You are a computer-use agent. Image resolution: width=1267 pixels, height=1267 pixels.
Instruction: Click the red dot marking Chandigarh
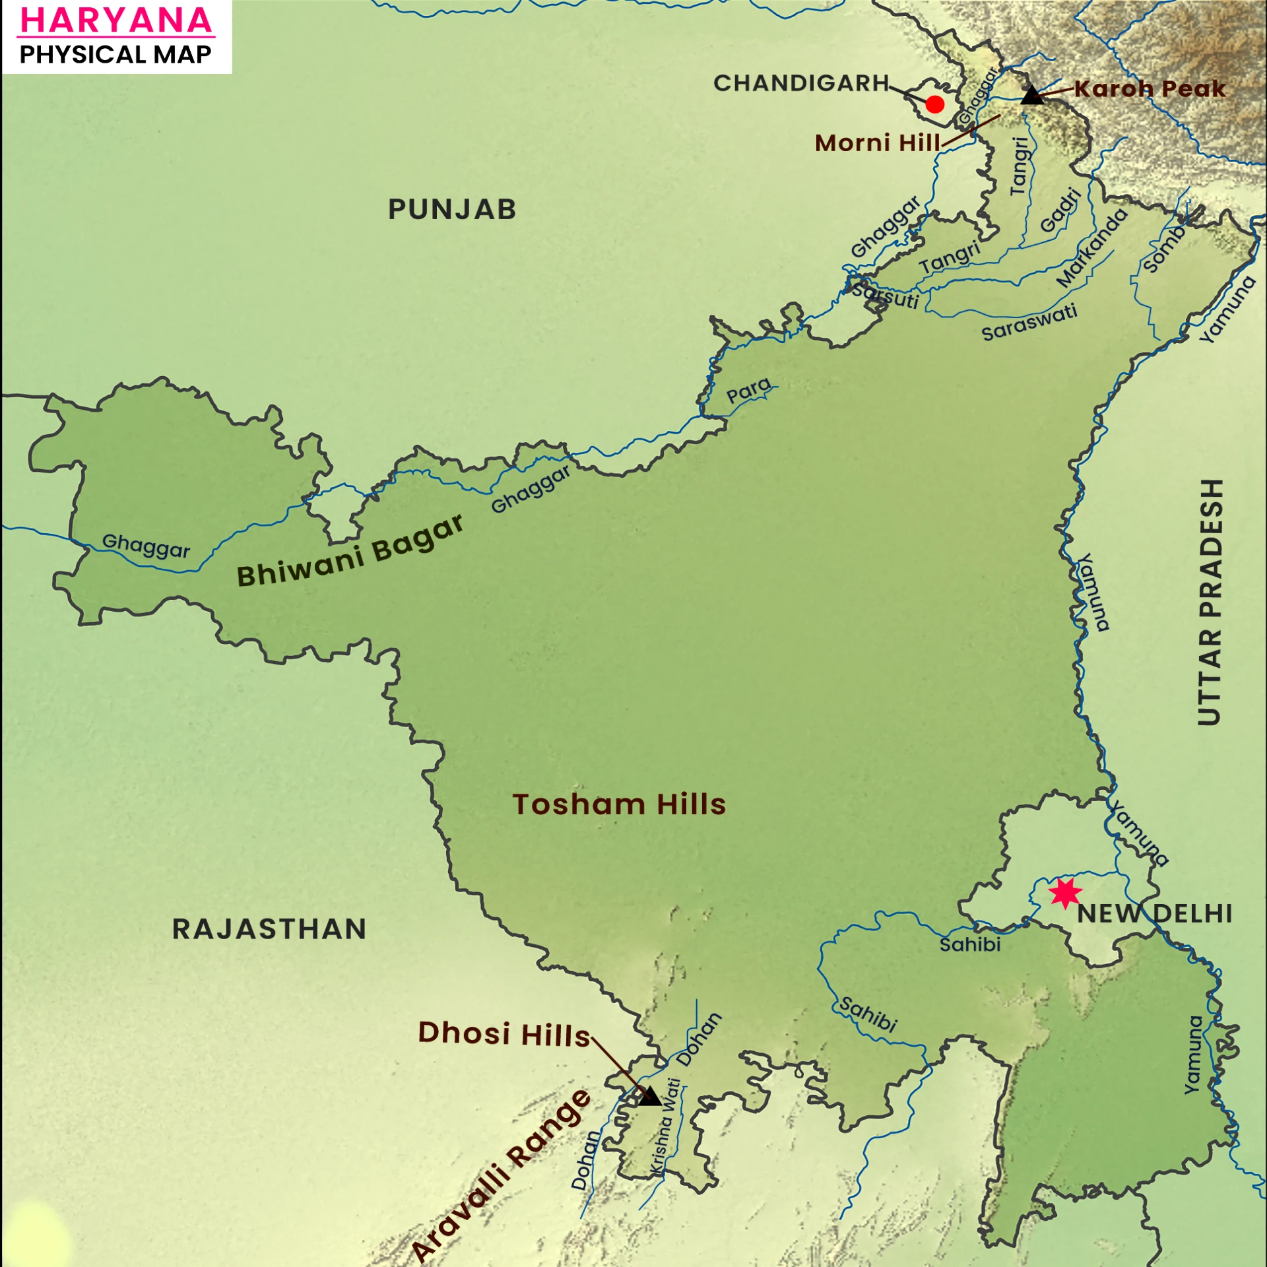934,104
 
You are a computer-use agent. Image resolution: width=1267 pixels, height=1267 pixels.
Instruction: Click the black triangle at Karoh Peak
1032,96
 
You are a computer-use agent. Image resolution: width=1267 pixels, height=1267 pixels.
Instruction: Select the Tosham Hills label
619,805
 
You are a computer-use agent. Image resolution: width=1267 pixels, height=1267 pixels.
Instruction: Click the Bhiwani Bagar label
350,552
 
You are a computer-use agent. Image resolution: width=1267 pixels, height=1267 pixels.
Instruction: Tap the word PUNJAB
452,210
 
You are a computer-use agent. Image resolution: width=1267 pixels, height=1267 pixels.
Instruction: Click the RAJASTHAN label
269,929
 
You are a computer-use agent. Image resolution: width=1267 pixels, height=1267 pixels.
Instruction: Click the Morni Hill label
877,143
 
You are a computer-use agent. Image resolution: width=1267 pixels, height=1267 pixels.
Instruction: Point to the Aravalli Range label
502,1175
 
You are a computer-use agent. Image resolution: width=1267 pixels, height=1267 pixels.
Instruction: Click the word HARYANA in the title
116,20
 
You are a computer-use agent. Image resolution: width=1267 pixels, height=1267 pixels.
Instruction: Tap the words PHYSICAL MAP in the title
116,55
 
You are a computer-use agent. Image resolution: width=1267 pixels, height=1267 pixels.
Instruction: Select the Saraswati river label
1029,323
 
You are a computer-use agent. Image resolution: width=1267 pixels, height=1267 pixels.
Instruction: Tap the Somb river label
1165,249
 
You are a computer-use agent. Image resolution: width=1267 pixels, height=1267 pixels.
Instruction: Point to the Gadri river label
1061,210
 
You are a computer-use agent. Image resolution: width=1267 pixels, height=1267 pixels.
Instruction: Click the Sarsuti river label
886,295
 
